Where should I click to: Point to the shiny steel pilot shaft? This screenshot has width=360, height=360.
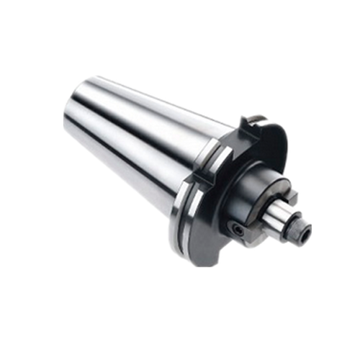pos(277,214)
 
